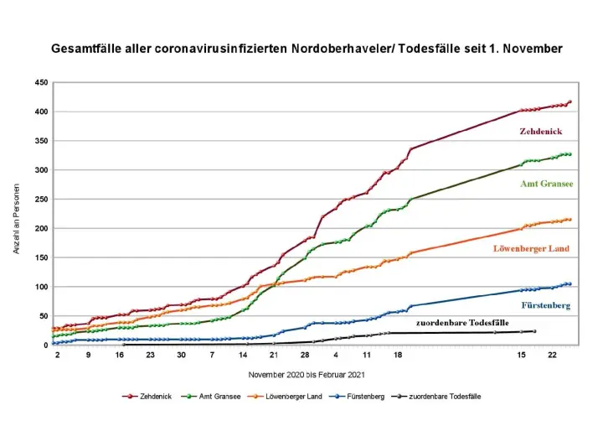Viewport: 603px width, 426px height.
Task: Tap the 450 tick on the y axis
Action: pyautogui.click(x=40, y=83)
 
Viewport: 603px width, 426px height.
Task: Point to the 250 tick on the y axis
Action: pyautogui.click(x=40, y=200)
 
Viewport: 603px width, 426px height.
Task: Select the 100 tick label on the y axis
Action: pyautogui.click(x=40, y=288)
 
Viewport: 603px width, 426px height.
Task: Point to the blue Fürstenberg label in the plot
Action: pyautogui.click(x=545, y=305)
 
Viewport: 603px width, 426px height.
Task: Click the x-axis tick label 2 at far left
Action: pyautogui.click(x=57, y=356)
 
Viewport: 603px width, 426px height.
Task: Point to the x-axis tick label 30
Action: pyautogui.click(x=181, y=356)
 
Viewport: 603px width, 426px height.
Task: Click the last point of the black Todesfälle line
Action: pyautogui.click(x=534, y=331)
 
